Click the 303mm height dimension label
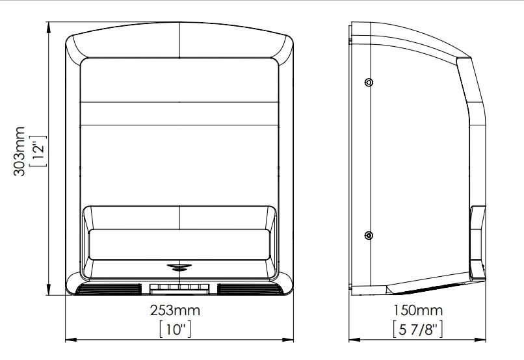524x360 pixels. pos(19,151)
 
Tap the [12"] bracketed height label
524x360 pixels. pos(38,151)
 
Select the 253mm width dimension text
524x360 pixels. pos(175,310)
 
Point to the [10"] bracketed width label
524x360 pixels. pos(175,329)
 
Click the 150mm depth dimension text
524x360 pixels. pos(418,310)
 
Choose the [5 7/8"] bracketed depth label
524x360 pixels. pos(418,329)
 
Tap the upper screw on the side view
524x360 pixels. pos(369,82)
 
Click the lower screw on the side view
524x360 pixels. pos(369,235)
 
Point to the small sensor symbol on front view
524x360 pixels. pos(179,267)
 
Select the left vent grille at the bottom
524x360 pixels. pos(109,289)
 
